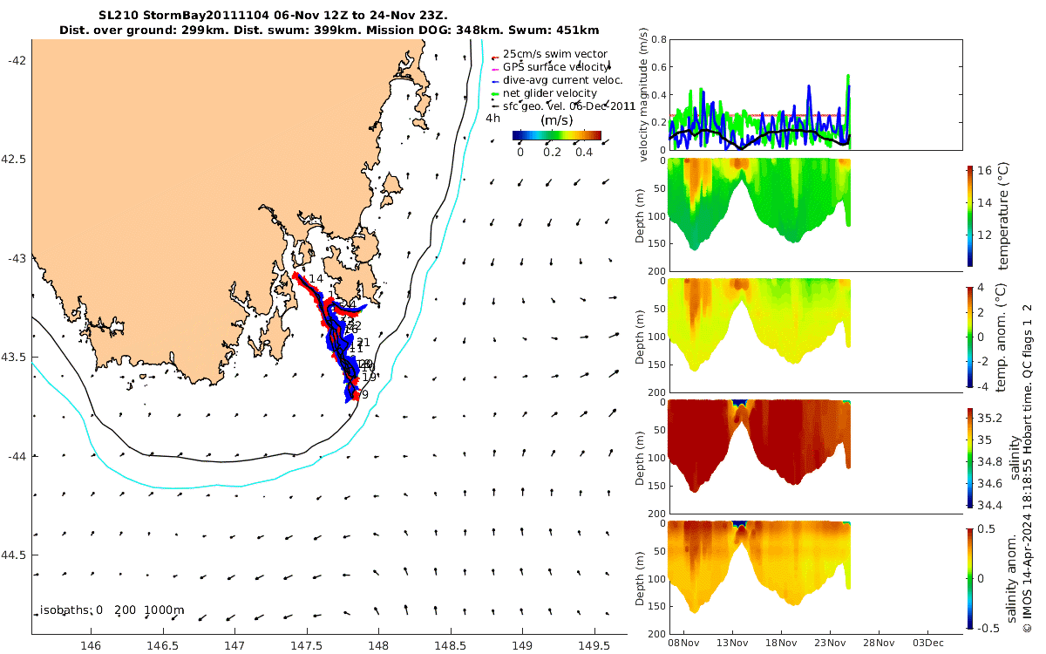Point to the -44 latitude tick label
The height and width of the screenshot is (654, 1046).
[17, 456]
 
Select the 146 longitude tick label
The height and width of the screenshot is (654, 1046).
[91, 646]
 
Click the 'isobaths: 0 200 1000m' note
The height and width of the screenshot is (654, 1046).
[112, 610]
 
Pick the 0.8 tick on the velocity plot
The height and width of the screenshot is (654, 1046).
[658, 40]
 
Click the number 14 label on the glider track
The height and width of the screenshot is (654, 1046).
[316, 278]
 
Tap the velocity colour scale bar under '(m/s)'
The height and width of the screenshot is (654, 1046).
[557, 135]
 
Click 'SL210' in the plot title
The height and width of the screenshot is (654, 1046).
[118, 16]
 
